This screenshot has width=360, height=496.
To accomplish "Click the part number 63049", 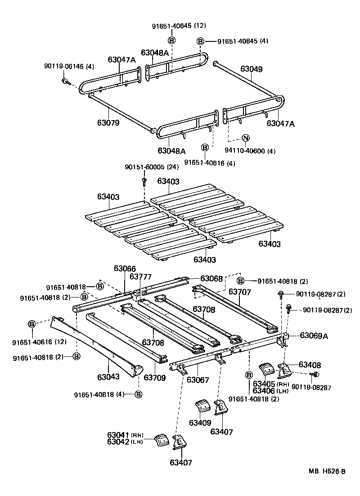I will pos(251,69).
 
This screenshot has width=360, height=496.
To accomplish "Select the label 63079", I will pos(108,122).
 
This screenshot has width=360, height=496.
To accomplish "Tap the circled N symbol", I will pos(246,138).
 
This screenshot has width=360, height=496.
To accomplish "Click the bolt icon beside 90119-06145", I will pos(66,81).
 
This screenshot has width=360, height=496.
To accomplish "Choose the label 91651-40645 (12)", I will pos(172,26).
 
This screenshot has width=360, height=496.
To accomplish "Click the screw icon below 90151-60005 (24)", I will pos(144,181).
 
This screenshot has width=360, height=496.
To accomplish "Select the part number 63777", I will pos(140,276).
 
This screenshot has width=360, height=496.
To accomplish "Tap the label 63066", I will pos(125,268).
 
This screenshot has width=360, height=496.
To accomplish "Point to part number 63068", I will pos(211,279).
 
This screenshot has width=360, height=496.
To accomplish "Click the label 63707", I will pos(239,292).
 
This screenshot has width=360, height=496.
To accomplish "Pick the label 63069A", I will pos(314,335).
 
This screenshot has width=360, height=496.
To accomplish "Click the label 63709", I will pos(155,378).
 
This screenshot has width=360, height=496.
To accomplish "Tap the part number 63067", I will pos(198,380).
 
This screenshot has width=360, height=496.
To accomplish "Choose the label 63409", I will pos(200,423).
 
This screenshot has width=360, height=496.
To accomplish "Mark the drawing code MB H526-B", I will pos(327,471).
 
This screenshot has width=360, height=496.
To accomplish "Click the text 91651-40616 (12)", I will pos(39,342).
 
